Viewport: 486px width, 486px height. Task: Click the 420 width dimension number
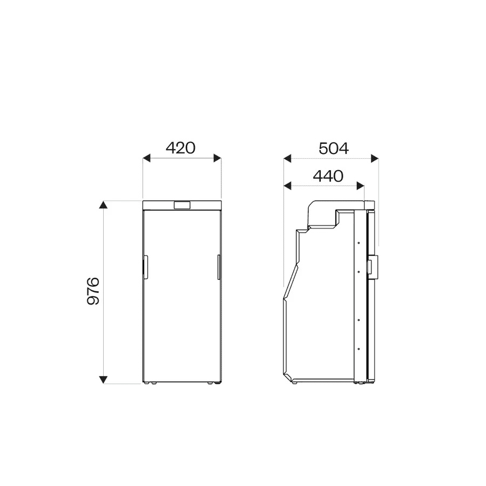(x=181, y=148)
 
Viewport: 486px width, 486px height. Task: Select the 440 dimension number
(x=328, y=176)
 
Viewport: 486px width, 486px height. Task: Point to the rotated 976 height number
(x=93, y=291)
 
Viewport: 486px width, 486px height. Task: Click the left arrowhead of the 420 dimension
(x=146, y=158)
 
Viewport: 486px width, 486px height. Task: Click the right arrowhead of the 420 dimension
(x=217, y=158)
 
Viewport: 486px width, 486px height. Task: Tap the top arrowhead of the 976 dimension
(x=103, y=205)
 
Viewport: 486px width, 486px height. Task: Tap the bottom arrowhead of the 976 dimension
(x=103, y=380)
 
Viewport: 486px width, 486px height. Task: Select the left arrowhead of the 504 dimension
(x=287, y=158)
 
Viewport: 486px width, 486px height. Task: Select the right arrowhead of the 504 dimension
(x=375, y=158)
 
